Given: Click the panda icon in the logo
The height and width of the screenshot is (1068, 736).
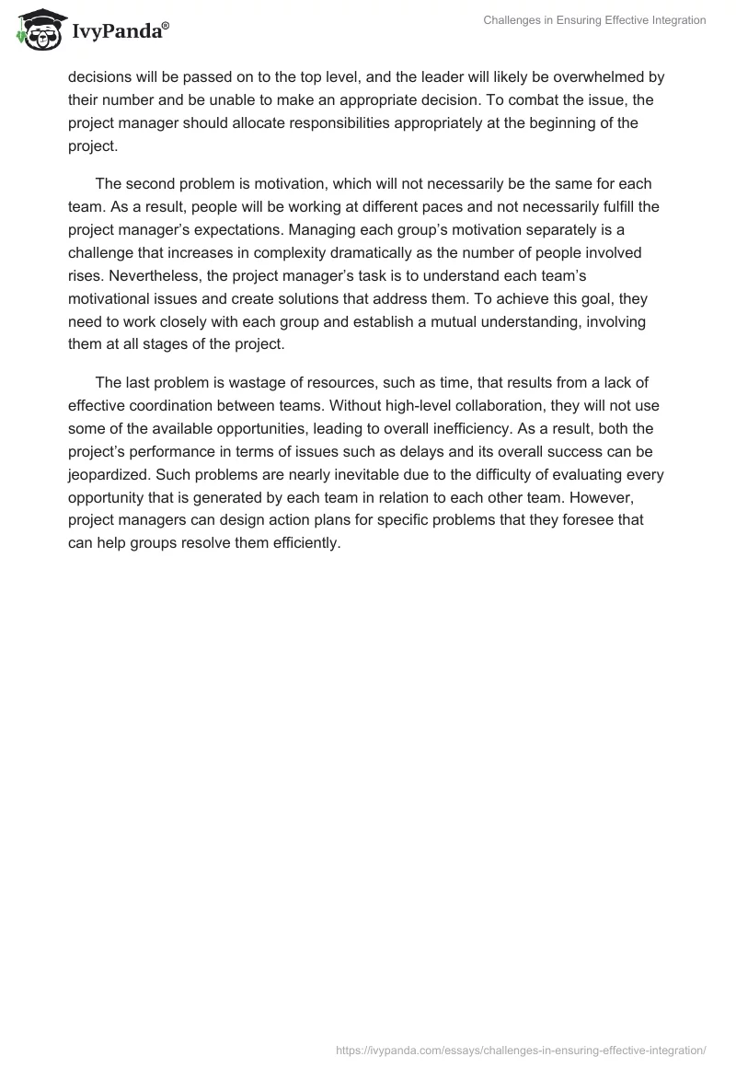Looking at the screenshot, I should coord(38,32).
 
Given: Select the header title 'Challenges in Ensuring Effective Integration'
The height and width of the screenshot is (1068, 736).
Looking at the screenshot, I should coord(594,20).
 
